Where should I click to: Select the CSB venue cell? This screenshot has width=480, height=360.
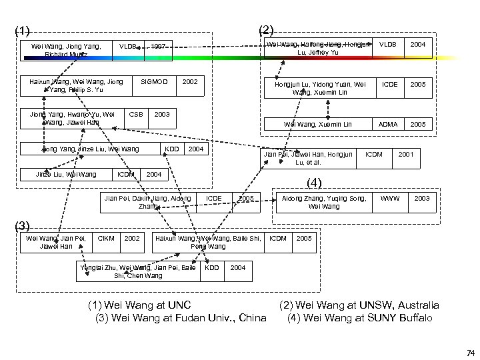137,114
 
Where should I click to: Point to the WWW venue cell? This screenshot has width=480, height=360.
389,199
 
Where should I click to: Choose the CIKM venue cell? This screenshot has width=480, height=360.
106,238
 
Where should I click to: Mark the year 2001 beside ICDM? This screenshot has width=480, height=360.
407,154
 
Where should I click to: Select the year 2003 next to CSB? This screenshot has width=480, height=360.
162,114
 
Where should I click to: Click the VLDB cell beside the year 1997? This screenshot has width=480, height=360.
128,47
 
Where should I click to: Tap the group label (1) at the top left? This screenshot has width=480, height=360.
22,30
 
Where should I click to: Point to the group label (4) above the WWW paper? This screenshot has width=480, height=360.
314,182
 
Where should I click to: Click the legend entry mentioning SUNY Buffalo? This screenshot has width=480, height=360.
359,317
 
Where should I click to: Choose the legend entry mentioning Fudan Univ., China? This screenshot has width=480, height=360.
181,317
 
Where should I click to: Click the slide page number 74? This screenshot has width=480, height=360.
471,352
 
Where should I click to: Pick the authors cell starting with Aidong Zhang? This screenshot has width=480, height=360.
324,203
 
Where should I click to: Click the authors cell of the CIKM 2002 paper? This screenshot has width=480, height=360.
55,242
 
